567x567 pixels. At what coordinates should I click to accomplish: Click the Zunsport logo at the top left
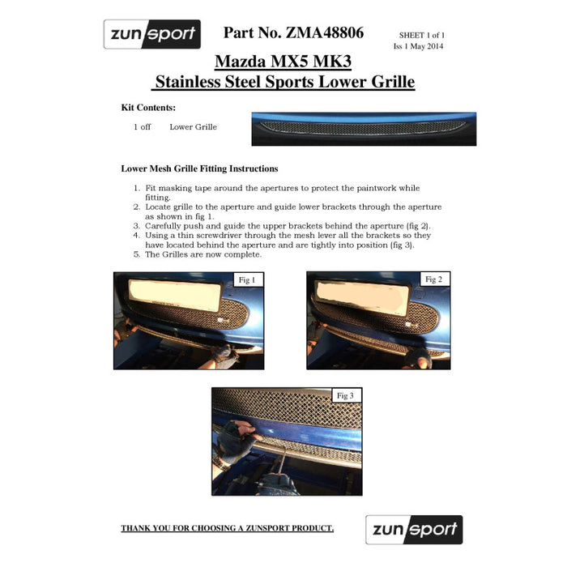click(x=152, y=34)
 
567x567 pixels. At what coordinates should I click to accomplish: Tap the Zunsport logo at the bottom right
click(x=414, y=530)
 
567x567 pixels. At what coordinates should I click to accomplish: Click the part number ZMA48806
click(x=325, y=32)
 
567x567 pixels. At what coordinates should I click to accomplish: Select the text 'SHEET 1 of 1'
click(x=422, y=35)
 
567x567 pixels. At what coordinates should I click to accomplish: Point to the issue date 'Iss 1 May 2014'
click(x=419, y=46)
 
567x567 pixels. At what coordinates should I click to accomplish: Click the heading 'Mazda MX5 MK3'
click(x=283, y=61)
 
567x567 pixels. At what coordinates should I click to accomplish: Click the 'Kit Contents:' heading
click(x=148, y=108)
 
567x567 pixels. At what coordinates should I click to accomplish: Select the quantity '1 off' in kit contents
click(x=142, y=127)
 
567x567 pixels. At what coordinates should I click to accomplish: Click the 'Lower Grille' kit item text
click(x=193, y=127)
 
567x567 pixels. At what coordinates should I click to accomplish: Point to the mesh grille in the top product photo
click(x=363, y=128)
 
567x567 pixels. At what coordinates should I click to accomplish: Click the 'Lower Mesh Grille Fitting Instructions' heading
click(x=199, y=168)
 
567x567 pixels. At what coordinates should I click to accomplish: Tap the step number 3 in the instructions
click(x=136, y=226)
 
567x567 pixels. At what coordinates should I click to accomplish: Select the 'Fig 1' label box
click(x=247, y=280)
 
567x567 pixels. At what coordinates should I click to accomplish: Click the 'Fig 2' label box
click(x=434, y=279)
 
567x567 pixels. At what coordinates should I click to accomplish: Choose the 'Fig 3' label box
click(x=345, y=395)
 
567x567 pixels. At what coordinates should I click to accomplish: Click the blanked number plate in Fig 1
click(x=175, y=295)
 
